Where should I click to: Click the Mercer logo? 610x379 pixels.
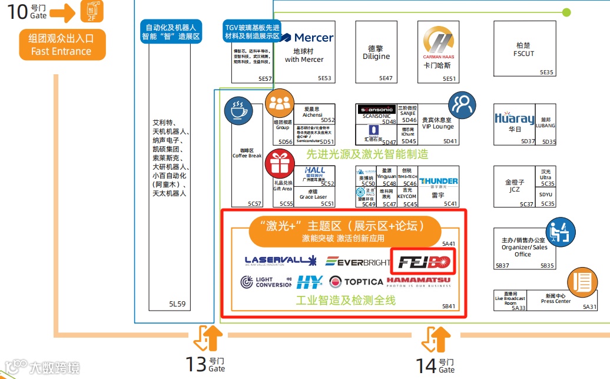[308, 38]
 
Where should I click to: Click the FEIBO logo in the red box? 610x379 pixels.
[424, 262]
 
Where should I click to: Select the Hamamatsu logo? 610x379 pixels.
[419, 282]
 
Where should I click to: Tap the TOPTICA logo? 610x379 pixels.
[356, 282]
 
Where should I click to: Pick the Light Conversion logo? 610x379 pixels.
[266, 282]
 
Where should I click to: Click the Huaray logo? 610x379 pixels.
[515, 118]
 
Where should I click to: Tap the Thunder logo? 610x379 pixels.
[439, 182]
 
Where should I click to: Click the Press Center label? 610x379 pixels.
[556, 299]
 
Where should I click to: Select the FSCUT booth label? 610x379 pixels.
[523, 50]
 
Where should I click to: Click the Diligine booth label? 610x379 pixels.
[376, 53]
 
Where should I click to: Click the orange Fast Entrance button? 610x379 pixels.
[61, 45]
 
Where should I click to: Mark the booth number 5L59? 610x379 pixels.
[177, 304]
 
